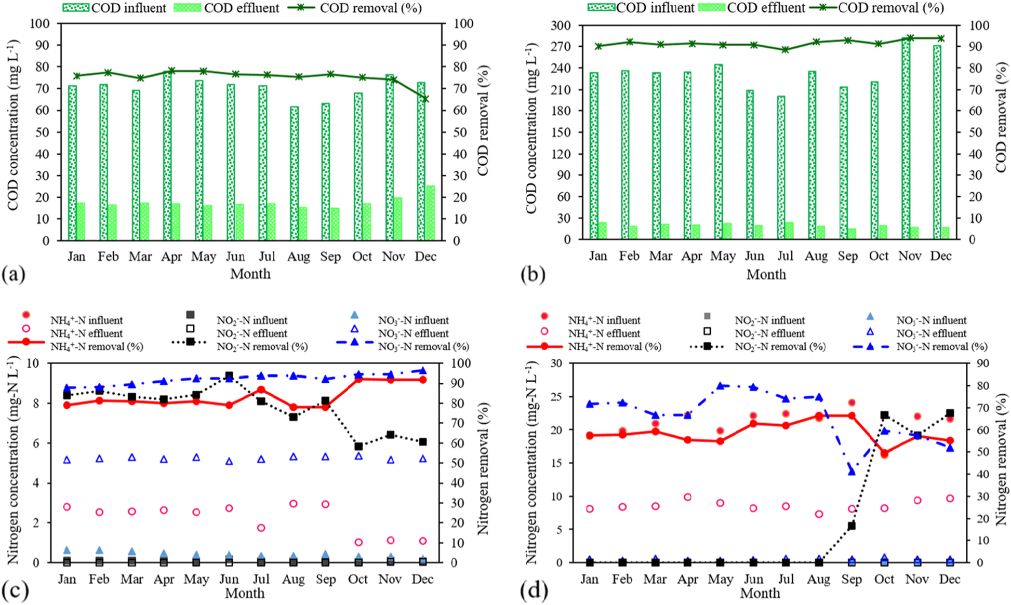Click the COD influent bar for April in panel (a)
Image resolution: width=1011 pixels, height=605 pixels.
coord(167,156)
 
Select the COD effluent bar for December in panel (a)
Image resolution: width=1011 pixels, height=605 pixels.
coord(431,213)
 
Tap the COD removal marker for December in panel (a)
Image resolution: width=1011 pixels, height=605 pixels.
coord(425,99)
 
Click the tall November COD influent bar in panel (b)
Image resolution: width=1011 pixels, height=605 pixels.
coord(906,140)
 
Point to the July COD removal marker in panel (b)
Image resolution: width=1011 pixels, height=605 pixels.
coord(786,50)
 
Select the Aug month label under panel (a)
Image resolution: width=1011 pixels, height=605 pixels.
coord(298,257)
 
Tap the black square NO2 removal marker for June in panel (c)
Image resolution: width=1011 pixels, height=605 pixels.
coord(229,375)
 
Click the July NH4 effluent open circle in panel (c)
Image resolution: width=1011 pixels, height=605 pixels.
coord(261,528)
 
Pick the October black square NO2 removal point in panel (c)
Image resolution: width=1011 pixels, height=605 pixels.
coord(358,446)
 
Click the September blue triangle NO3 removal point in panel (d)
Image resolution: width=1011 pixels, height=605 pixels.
coord(852,472)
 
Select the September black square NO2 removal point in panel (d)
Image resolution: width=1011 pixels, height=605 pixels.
coord(852,526)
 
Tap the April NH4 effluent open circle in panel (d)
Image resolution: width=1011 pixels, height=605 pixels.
coord(688,497)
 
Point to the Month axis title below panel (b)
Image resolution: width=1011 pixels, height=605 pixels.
coord(766,274)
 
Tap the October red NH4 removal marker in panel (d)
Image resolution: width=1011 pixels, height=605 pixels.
coord(885,453)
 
